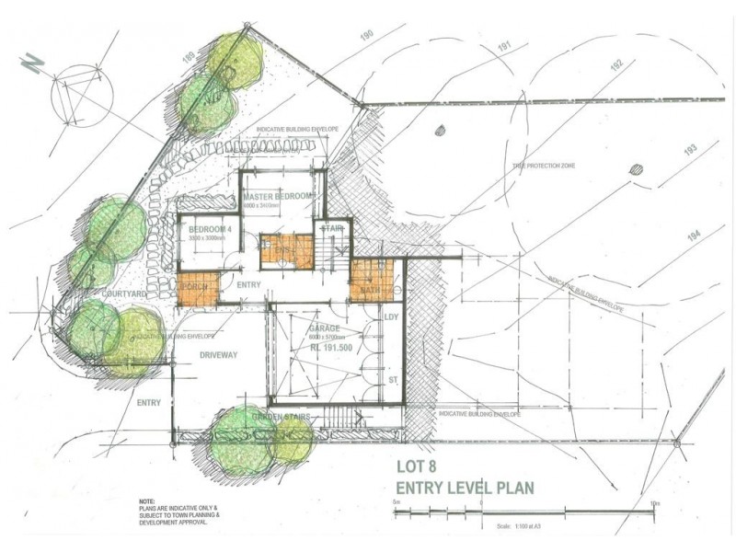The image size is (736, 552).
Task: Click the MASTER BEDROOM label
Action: coord(277,198)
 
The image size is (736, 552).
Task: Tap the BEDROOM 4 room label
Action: coord(206,228)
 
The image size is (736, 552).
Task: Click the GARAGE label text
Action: coord(325,328)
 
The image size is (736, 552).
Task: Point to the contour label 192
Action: coord(615,64)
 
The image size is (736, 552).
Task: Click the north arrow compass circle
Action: coord(83,93)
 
